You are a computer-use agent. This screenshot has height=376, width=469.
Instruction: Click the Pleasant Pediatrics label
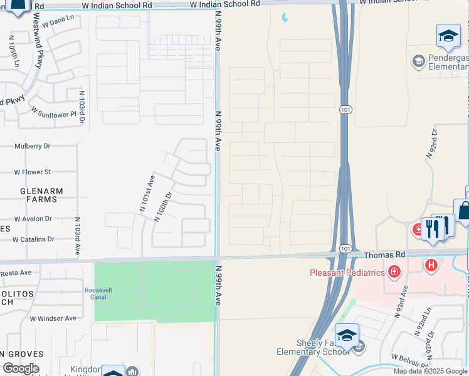coord(348,272)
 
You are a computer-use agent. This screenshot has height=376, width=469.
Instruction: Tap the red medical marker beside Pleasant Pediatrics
coord(394,271)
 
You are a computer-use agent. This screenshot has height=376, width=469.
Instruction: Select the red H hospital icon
coord(431,265)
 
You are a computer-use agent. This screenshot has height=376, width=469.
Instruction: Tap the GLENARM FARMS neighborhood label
coord(38,195)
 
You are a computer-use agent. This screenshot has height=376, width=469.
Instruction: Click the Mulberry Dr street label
coord(32,146)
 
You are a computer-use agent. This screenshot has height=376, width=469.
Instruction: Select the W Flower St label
coord(33,172)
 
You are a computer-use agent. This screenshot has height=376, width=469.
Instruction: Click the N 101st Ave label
coord(146,192)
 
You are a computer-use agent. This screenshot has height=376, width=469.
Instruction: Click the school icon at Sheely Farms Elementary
coord(347,335)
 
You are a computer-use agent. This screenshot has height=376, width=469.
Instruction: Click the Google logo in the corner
coord(21,368)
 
